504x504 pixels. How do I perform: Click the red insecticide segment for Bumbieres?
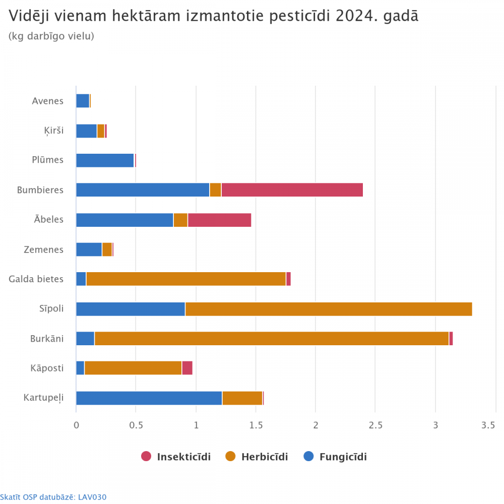[x=292, y=190]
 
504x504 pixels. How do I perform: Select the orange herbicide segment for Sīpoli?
[x=328, y=309]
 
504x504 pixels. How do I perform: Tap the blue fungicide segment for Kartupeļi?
[x=149, y=398]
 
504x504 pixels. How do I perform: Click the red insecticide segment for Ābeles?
[x=219, y=220]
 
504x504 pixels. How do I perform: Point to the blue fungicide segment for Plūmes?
[x=105, y=160]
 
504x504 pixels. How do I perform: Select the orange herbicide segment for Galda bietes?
[x=186, y=279]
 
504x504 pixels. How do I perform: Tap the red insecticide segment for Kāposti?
[x=187, y=368]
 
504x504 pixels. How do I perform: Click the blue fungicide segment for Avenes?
[x=83, y=101]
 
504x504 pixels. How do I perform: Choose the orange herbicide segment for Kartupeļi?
[x=242, y=398]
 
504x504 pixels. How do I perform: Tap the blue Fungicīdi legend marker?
[x=309, y=457]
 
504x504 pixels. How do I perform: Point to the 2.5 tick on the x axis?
[x=375, y=425]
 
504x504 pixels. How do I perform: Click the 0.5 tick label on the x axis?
[x=136, y=425]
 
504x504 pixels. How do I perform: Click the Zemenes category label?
[x=44, y=249]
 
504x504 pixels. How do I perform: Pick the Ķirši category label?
[x=53, y=131]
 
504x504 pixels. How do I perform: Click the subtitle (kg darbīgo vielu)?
[x=51, y=36]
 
